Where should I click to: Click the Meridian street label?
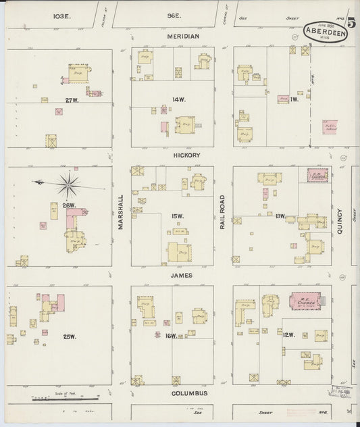(x=180, y=36)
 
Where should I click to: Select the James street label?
(x=181, y=276)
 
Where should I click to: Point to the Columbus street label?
(x=189, y=393)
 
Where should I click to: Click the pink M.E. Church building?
(x=307, y=300)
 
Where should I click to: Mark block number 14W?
(x=178, y=100)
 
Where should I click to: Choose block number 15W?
(x=177, y=216)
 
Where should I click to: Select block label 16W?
(x=172, y=336)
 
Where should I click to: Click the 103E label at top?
(x=63, y=14)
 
